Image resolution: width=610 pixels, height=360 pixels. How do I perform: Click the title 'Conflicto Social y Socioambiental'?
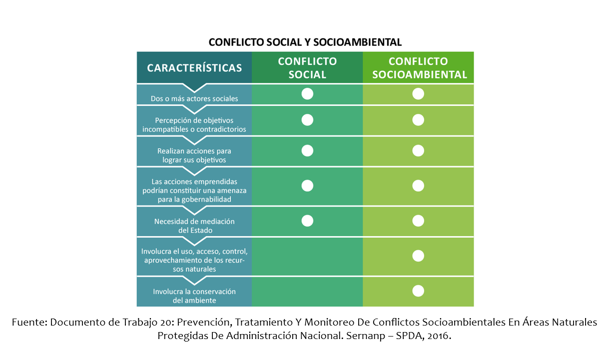[305, 42]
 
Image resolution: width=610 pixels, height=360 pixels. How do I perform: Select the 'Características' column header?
[194, 68]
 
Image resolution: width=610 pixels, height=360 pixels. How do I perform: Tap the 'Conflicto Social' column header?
[307, 68]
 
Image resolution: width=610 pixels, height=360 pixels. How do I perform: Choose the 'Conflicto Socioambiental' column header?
[418, 68]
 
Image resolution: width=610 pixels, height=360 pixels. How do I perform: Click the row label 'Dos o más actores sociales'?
[194, 98]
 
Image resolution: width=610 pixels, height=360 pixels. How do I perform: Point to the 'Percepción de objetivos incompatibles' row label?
[194, 125]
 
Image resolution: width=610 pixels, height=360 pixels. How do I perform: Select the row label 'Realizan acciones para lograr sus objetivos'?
[194, 155]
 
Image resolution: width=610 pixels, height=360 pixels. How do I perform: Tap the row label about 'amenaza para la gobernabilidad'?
[194, 190]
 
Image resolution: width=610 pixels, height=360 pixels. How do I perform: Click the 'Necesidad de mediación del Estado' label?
[194, 226]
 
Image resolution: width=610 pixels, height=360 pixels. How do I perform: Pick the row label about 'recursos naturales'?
[194, 260]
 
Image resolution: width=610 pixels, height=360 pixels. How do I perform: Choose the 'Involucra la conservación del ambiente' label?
[194, 296]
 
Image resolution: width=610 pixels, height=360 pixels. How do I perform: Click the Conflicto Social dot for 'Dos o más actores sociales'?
[307, 94]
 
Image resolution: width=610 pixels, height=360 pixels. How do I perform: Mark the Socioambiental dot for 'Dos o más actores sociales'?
[418, 94]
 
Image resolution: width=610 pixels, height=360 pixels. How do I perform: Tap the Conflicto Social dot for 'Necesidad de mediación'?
[307, 221]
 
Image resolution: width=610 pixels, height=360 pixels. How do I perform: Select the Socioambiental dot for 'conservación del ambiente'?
[418, 291]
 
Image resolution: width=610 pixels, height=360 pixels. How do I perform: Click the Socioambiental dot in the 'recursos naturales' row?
[418, 256]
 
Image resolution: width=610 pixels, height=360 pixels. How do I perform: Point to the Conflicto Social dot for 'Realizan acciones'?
[307, 151]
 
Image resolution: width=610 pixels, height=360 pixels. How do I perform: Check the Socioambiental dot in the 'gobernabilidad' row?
[418, 186]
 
